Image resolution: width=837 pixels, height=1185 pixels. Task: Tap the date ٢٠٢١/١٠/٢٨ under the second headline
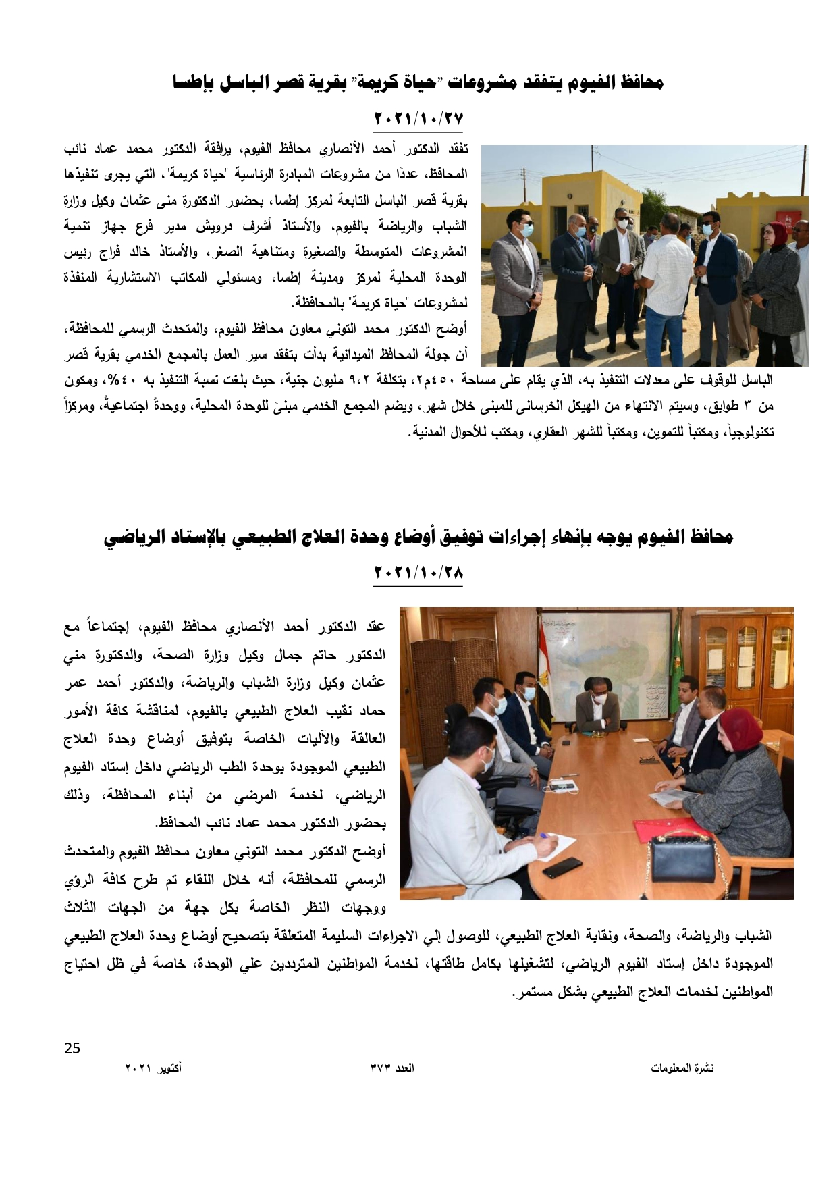tap(418, 573)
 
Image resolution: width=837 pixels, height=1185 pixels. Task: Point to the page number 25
tap(72, 1048)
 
